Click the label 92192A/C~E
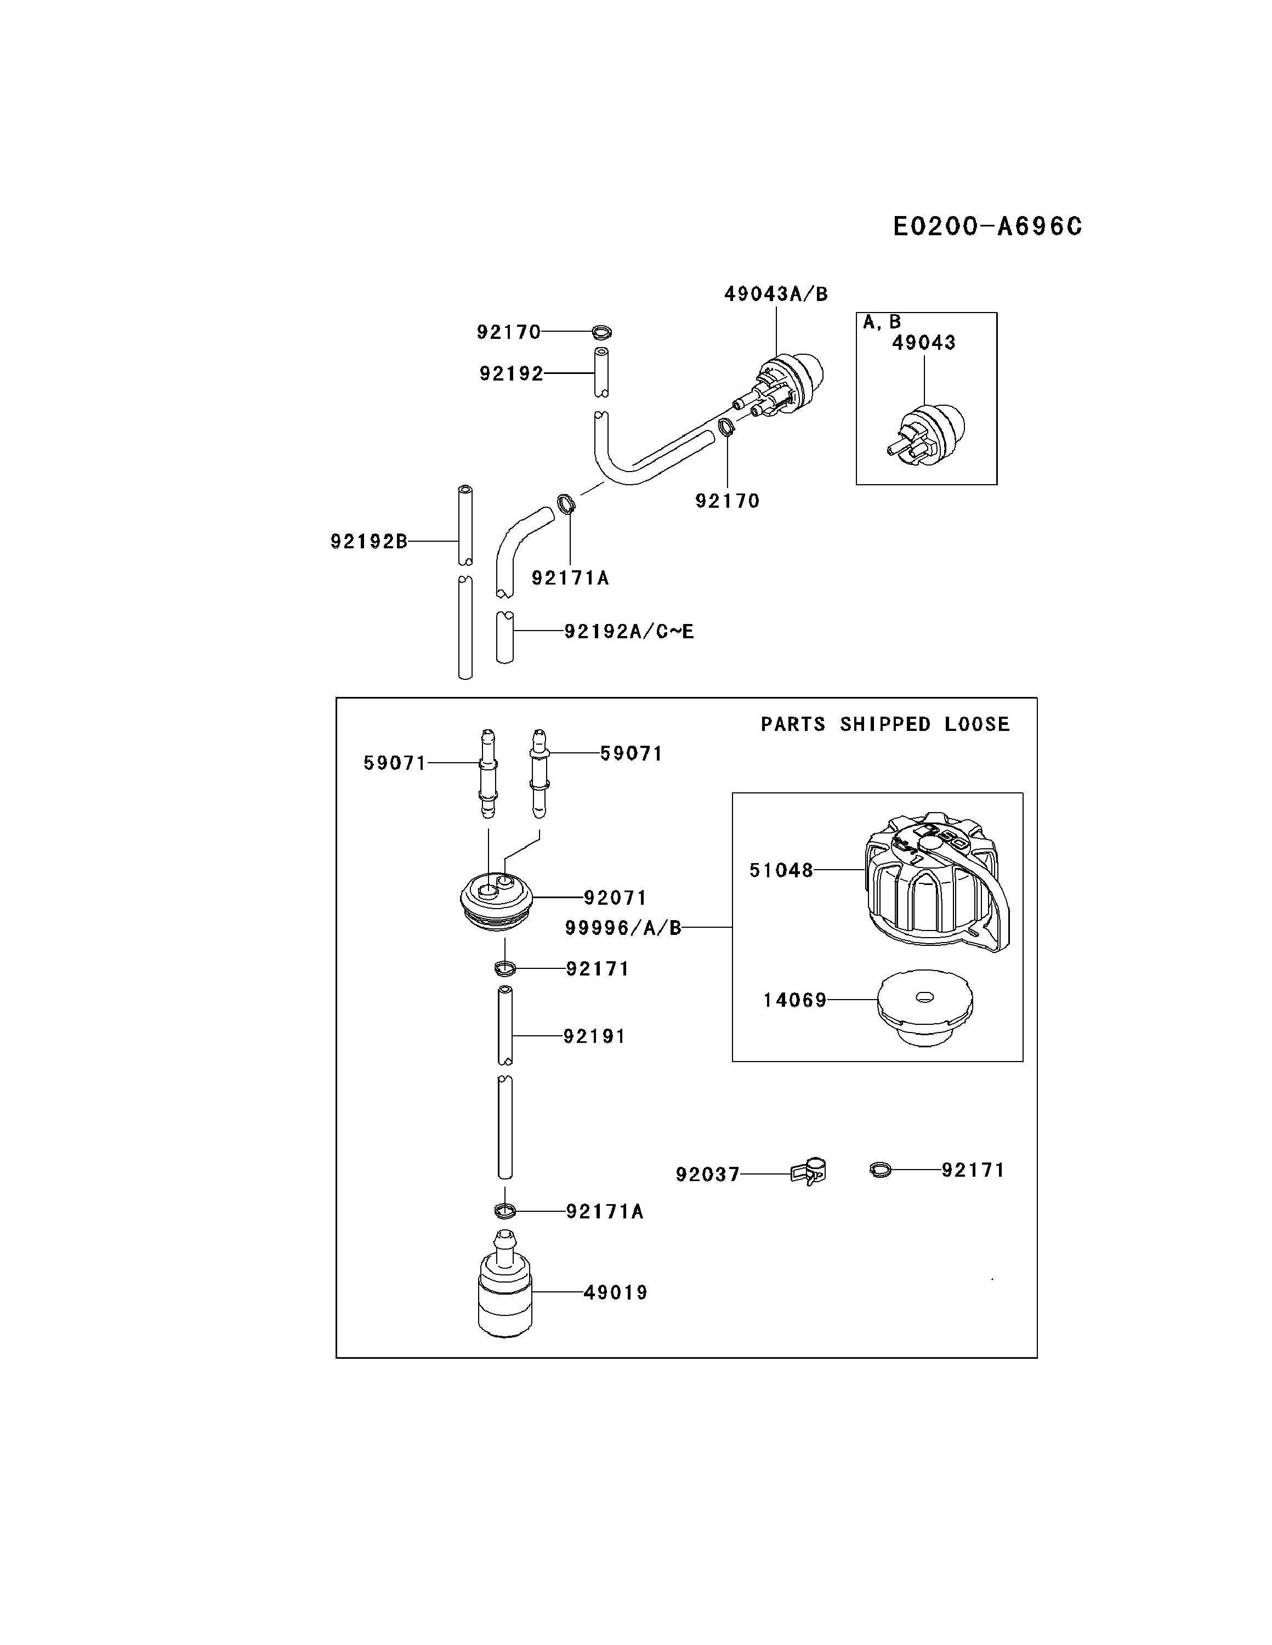629,631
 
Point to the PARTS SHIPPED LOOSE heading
884,724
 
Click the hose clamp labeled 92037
809,1172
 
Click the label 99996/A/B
623,928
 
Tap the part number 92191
594,1036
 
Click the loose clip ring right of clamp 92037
879,1170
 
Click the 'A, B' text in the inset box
881,322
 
